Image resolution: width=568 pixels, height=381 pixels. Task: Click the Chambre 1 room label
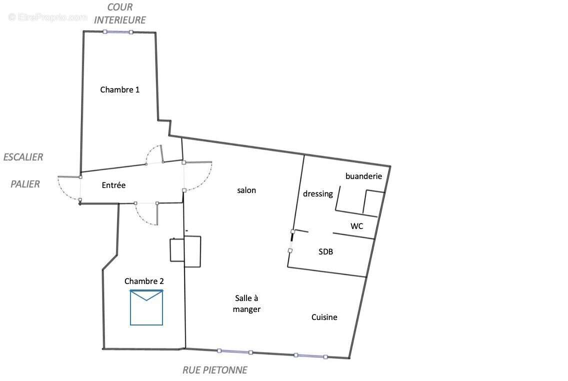120,90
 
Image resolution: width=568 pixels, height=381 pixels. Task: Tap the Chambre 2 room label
144,281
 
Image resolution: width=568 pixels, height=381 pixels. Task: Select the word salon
246,190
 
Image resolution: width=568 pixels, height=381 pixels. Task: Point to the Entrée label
113,185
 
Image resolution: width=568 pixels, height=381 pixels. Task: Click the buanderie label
363,176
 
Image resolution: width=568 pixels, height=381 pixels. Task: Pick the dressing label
318,194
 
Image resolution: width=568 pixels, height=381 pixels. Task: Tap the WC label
356,226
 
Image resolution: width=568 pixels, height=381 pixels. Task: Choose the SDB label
325,252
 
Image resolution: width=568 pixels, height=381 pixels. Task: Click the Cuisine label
324,317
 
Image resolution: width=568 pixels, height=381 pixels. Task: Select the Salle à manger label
247,303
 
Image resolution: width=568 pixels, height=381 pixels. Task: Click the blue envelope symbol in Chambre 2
146,307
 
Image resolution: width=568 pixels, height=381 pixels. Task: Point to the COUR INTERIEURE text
120,14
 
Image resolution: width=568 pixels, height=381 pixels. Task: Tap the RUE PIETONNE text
214,370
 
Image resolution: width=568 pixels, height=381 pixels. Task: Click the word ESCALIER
23,157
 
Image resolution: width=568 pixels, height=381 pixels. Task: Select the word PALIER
25,184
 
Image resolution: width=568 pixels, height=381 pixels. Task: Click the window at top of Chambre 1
118,32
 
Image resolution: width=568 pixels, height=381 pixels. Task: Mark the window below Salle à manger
234,351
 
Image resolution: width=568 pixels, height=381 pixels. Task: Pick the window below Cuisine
310,356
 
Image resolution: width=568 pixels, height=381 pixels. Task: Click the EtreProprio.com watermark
48,17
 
